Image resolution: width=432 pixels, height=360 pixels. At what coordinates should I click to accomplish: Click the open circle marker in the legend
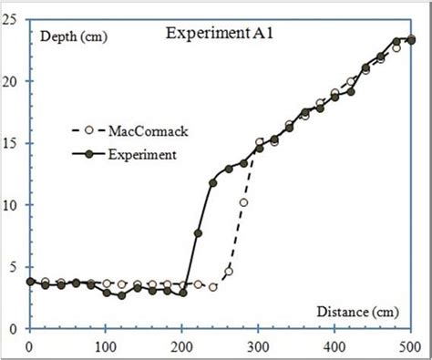coord(88,130)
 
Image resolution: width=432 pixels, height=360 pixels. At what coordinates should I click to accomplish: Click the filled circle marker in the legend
coord(88,154)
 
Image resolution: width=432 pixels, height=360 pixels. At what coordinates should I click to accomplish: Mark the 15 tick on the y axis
coord(15,143)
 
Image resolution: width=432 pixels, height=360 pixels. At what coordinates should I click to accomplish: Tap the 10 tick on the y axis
coord(15,205)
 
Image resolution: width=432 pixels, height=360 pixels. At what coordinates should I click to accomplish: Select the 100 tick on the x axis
coord(106,346)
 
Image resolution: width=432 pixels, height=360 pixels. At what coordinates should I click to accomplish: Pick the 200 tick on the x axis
coord(182,346)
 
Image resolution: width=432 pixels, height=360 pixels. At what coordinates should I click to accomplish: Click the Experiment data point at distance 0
coord(30,283)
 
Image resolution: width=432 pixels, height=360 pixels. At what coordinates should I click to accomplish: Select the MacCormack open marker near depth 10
coord(243,202)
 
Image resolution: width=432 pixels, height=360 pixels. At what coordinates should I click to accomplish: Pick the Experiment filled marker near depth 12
coord(213,183)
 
